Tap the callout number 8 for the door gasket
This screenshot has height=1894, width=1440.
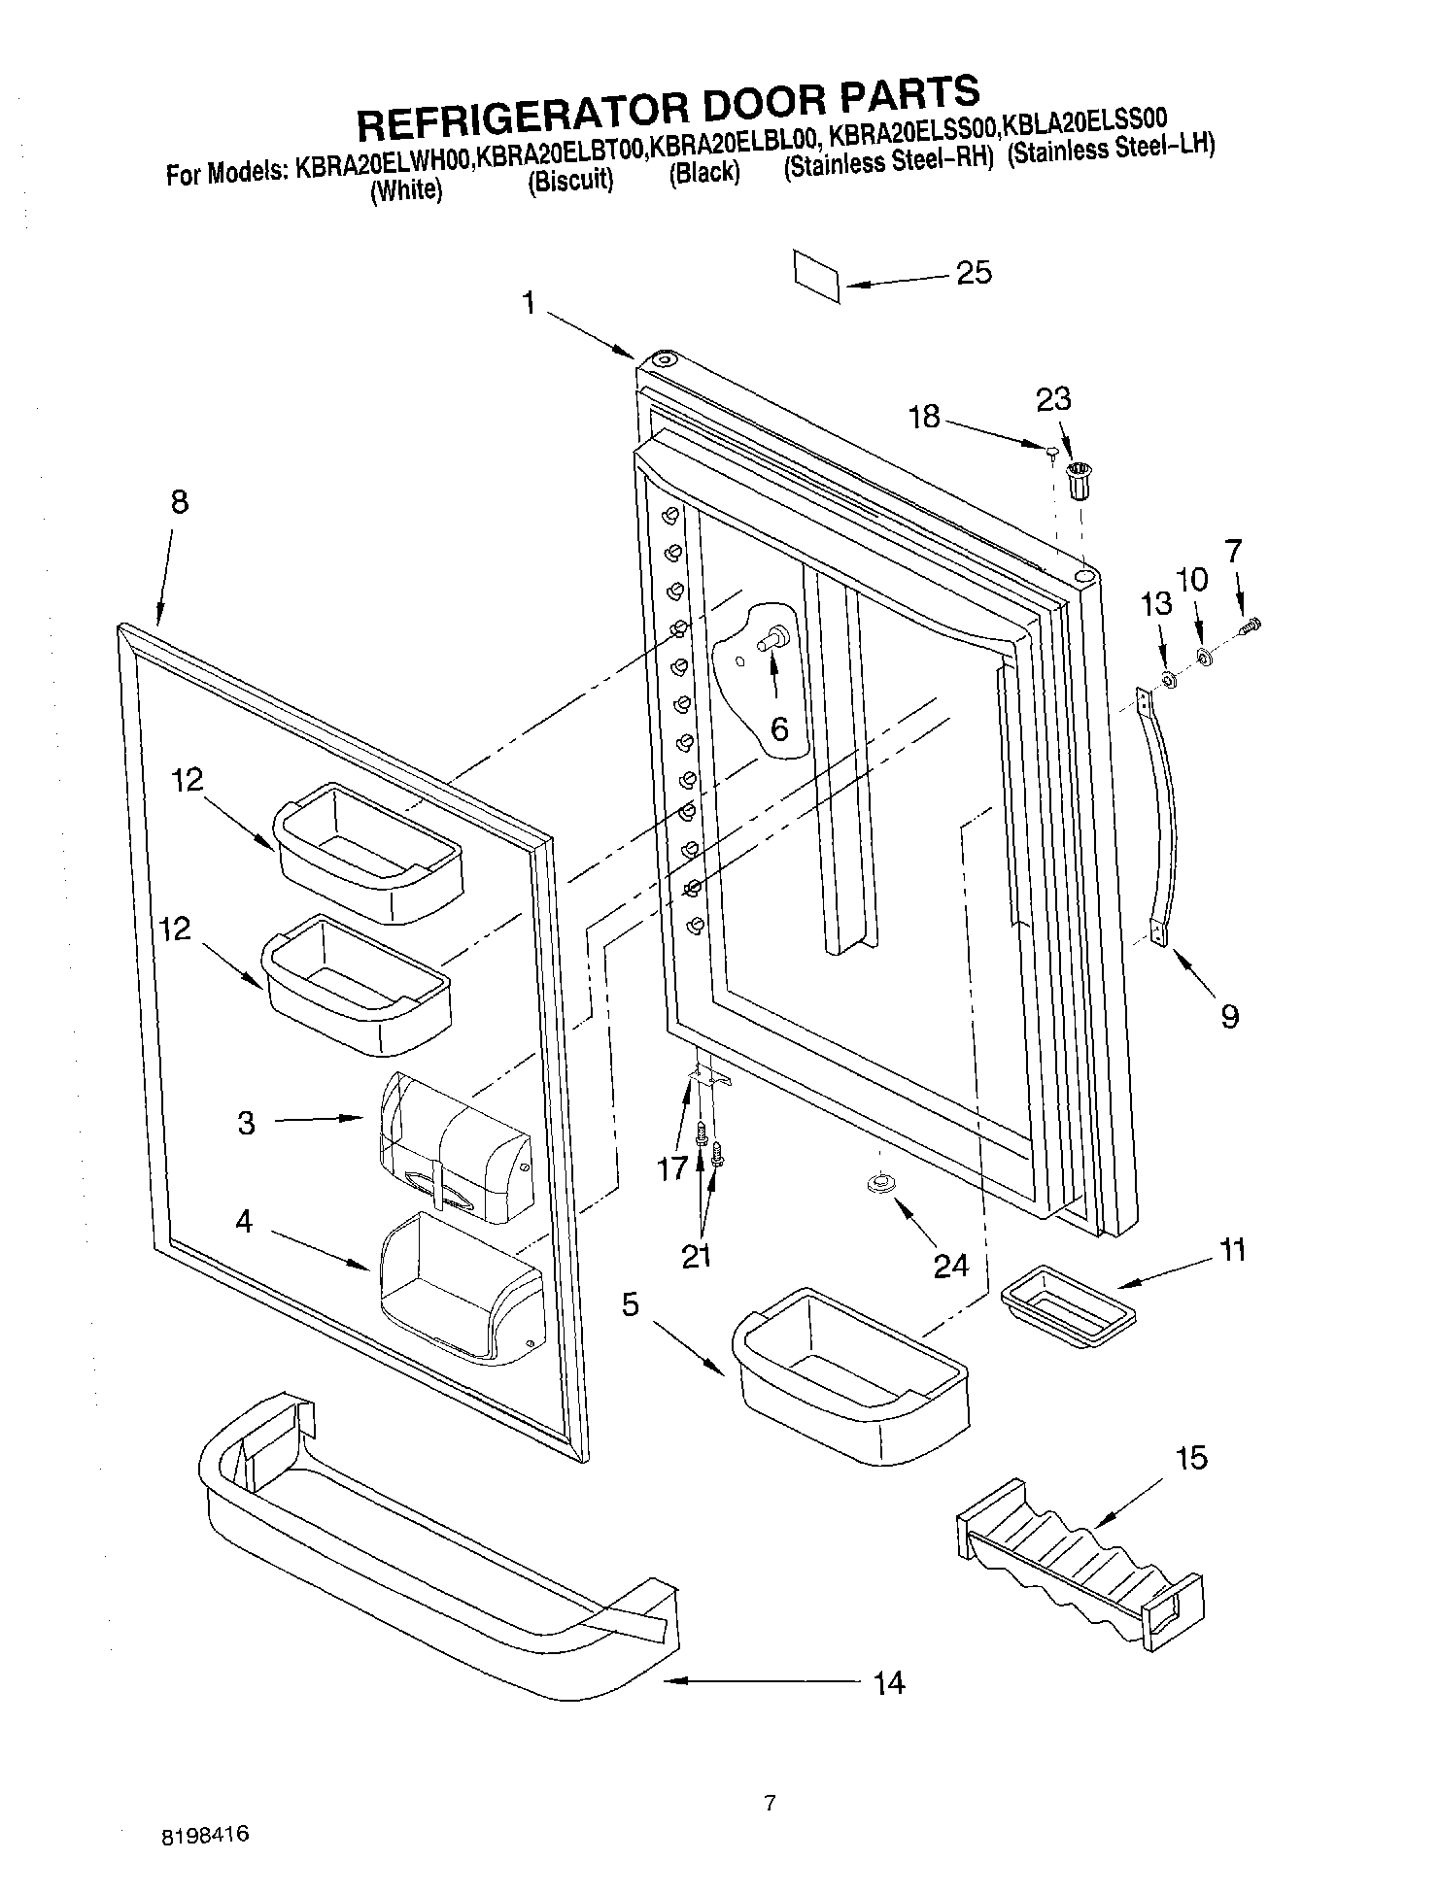pos(179,502)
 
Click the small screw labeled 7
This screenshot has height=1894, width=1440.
pos(1251,626)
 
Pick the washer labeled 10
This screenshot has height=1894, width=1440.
pos(1205,659)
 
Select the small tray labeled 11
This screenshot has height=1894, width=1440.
pos(1067,1306)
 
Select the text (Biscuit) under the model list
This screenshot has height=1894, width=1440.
pos(570,182)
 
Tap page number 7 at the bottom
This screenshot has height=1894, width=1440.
pos(770,1804)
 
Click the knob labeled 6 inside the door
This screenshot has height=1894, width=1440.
pos(775,639)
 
